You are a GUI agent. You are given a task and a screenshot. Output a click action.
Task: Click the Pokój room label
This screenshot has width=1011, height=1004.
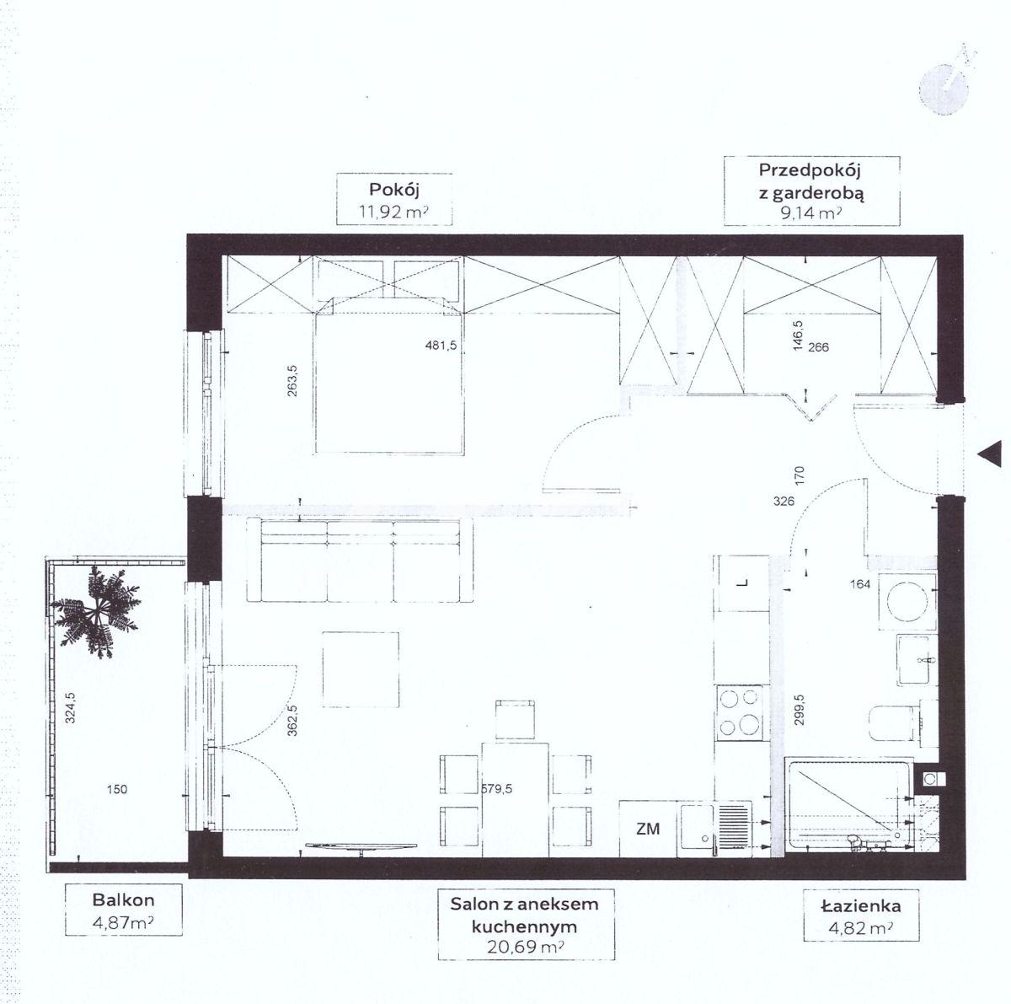click(x=393, y=189)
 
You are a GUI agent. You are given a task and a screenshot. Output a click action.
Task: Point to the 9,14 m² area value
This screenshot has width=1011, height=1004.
click(x=811, y=212)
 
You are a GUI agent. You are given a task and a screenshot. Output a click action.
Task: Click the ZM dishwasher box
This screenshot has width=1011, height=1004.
click(x=648, y=830)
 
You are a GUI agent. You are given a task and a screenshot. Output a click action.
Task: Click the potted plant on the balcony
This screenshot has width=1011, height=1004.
click(x=96, y=610)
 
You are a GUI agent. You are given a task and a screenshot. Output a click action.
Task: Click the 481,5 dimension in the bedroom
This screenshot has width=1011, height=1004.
click(x=441, y=345)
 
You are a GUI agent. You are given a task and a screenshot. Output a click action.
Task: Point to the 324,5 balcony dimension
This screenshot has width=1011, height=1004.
click(x=70, y=707)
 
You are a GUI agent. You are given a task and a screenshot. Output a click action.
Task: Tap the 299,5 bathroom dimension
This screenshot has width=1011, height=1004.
click(x=799, y=710)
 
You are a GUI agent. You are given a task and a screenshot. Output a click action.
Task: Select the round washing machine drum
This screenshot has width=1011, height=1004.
click(x=907, y=602)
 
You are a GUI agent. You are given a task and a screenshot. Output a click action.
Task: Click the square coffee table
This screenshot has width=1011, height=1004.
click(x=361, y=669)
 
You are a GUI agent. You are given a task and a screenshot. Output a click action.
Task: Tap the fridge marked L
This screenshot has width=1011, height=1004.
click(x=741, y=583)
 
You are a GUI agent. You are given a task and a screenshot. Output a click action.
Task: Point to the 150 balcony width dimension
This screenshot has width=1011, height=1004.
click(x=116, y=789)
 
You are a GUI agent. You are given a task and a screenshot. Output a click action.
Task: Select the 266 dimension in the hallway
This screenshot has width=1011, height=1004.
click(x=818, y=347)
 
